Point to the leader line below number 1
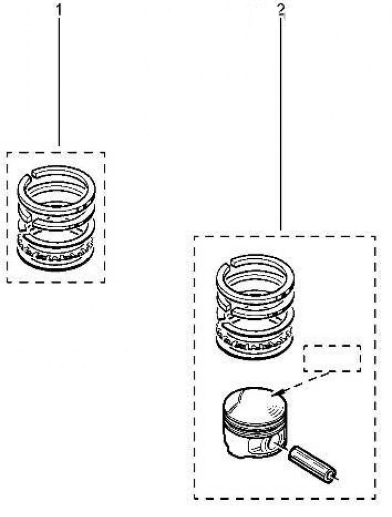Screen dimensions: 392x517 pos(59,81)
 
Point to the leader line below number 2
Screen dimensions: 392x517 pos(280,123)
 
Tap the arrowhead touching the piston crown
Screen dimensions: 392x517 pos(276,393)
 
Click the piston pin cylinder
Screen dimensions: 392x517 pos(312,464)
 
